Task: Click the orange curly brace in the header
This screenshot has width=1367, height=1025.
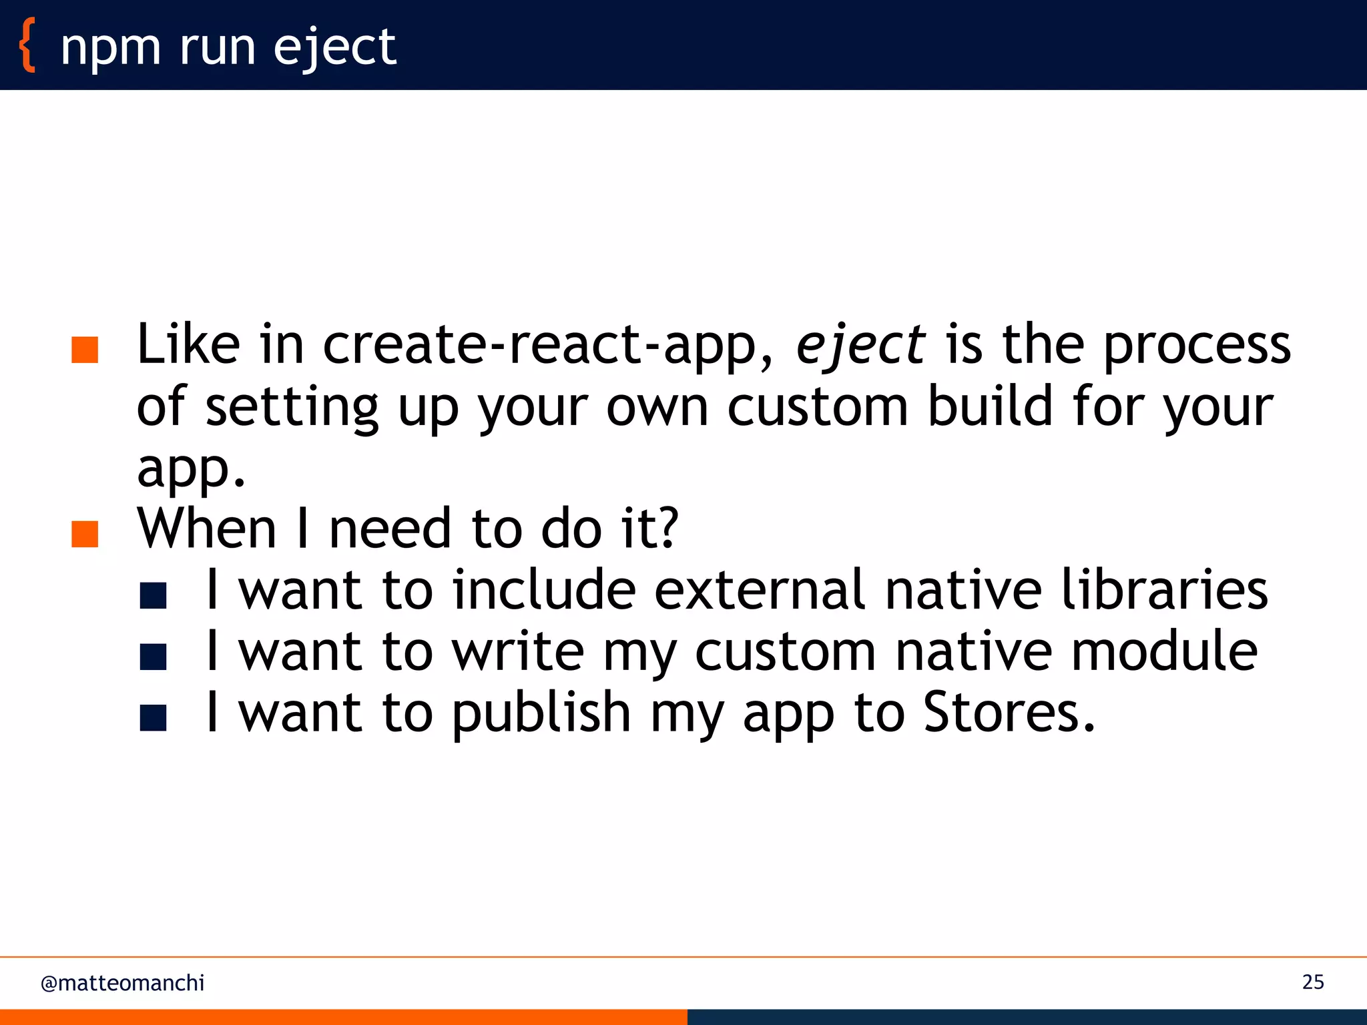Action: click(27, 45)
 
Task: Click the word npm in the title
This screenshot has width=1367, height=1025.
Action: click(110, 48)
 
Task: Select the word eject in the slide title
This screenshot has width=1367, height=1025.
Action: click(334, 48)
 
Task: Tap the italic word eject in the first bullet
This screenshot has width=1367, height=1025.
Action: click(860, 346)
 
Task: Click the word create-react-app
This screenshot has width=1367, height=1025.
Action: click(547, 346)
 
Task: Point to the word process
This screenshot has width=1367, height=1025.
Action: click(1196, 346)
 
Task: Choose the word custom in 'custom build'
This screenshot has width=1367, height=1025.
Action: click(817, 406)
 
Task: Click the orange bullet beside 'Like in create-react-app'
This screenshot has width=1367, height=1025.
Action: click(85, 350)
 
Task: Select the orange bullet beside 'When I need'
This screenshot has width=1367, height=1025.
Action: click(85, 534)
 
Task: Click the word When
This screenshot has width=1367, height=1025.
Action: click(207, 529)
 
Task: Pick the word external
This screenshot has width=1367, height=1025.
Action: click(760, 590)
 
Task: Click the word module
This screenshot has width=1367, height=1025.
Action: click(1164, 651)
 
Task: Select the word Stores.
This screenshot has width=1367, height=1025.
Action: click(1008, 713)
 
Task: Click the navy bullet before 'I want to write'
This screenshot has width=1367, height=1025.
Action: click(153, 657)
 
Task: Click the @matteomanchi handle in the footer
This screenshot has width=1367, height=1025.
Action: click(122, 983)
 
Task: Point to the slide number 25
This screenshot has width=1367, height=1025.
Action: click(1312, 982)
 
